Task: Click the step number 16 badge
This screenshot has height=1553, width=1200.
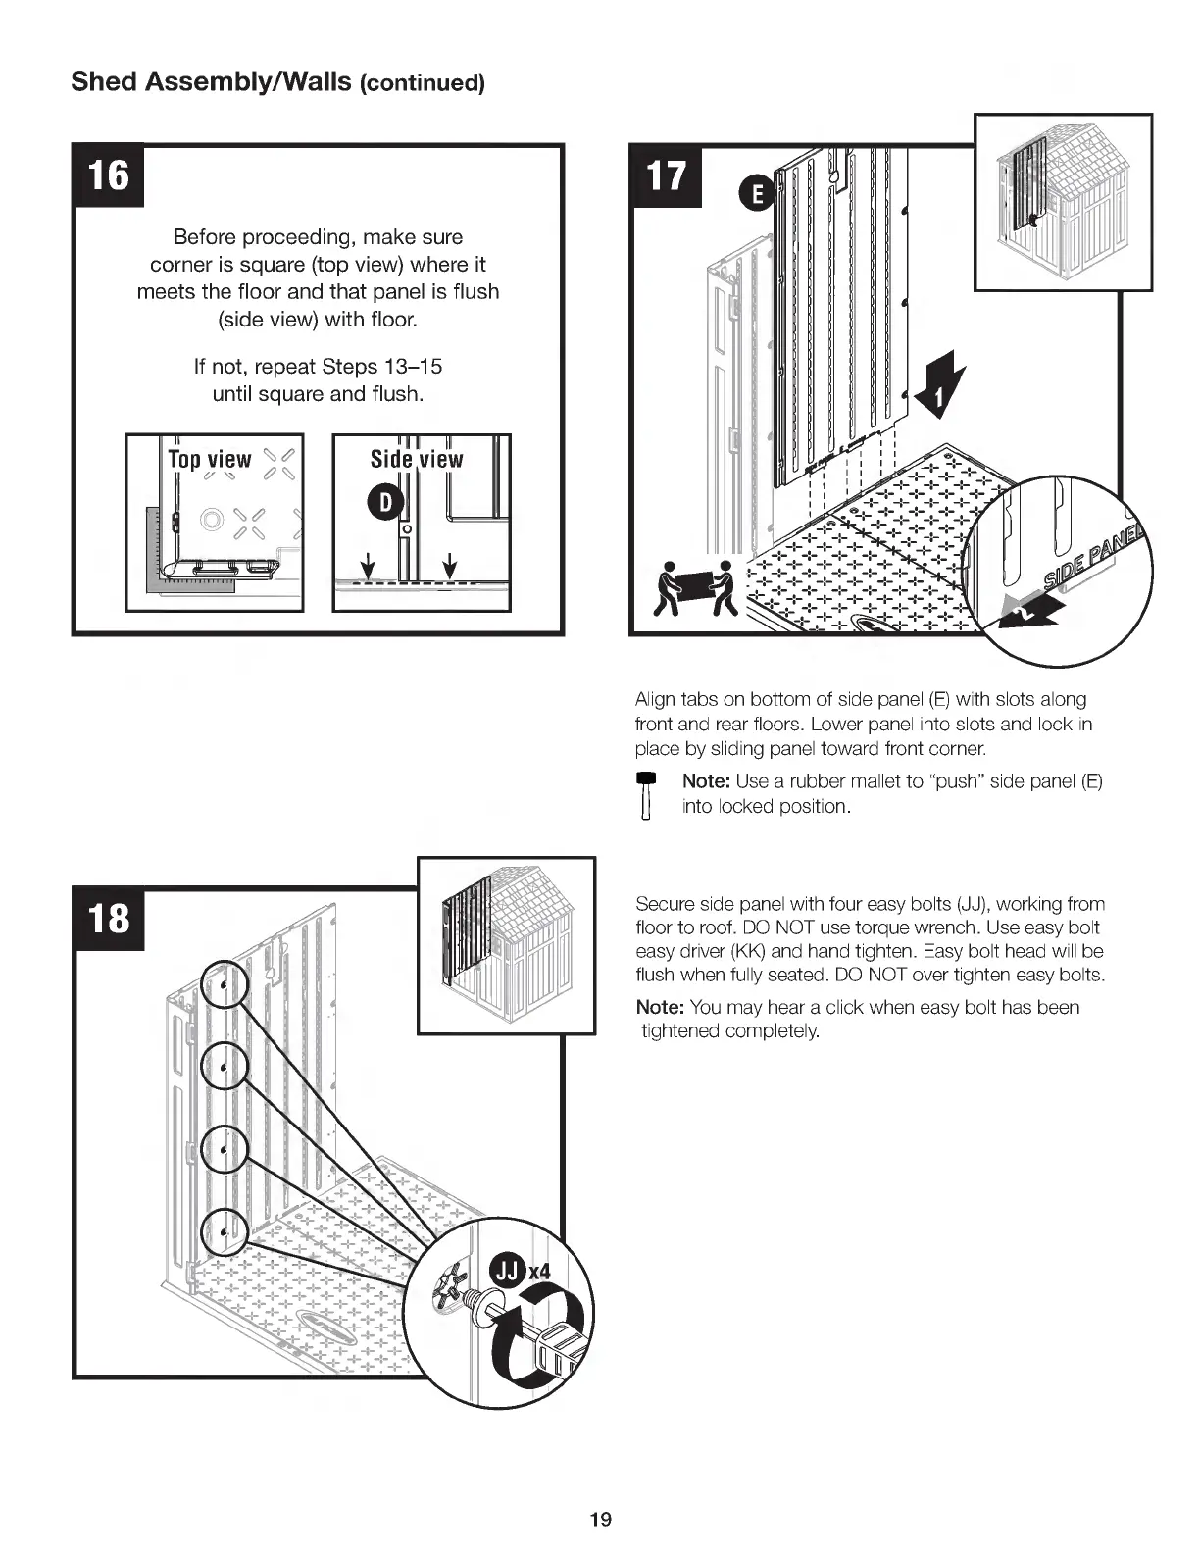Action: [x=108, y=175]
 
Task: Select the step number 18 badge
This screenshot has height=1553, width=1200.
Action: [x=108, y=918]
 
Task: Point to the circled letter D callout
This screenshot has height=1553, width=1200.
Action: [x=385, y=502]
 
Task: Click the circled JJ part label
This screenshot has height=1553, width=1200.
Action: [x=508, y=1272]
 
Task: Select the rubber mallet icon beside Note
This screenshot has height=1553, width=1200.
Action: [x=645, y=795]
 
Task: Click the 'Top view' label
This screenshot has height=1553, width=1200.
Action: [x=210, y=459]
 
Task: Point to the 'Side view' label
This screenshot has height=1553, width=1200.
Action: [x=417, y=459]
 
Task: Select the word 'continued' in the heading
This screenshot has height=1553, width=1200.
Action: [x=423, y=82]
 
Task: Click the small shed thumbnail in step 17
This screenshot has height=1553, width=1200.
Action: [x=1063, y=202]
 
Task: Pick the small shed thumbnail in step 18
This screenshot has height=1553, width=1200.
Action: [x=506, y=945]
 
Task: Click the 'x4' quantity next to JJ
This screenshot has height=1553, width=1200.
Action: [x=540, y=1272]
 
